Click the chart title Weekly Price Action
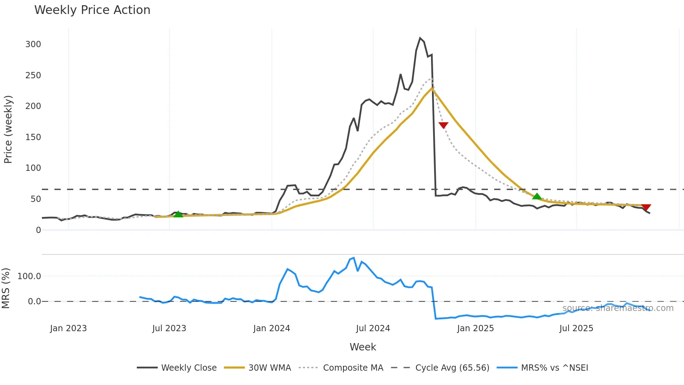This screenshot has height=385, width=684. [92, 10]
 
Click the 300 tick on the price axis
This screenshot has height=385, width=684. [33, 44]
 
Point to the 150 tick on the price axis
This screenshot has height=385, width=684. [33, 137]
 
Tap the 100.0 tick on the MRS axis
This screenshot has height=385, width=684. [29, 276]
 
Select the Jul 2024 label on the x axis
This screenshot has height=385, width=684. [373, 328]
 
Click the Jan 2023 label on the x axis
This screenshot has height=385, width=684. [68, 328]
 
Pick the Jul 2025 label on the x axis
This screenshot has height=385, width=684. [576, 328]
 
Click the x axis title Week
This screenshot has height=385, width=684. [363, 347]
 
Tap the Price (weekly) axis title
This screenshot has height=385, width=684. [8, 129]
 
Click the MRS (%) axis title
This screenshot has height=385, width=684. [6, 288]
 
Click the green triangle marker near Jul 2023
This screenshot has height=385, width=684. [178, 215]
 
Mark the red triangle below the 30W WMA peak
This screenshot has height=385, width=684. [443, 125]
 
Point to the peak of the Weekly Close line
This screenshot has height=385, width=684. [420, 38]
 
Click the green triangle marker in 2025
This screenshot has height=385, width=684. [537, 196]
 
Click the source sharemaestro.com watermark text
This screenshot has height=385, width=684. [618, 308]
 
